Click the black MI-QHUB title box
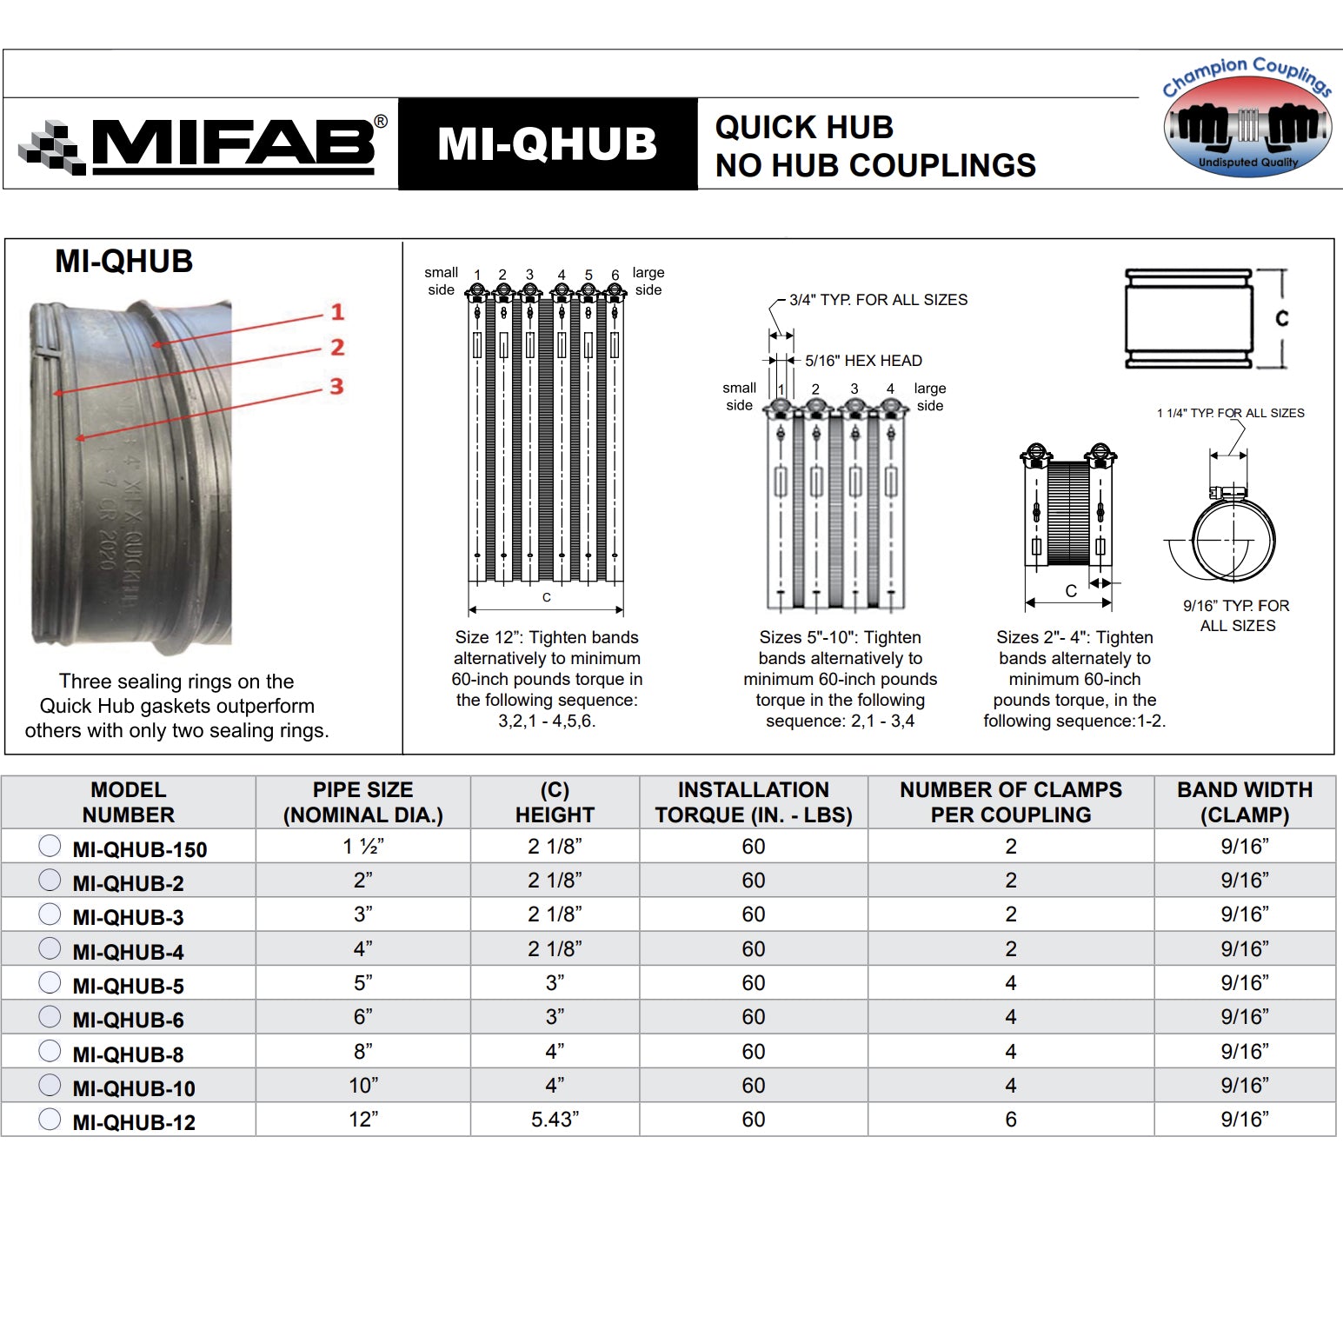click(x=548, y=143)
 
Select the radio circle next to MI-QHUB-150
click(x=50, y=846)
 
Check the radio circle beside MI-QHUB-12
click(x=50, y=1119)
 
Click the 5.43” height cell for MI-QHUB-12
click(x=555, y=1120)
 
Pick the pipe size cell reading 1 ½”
click(x=362, y=847)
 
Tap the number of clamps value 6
click(x=1010, y=1120)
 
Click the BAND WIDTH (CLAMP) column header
click(x=1244, y=802)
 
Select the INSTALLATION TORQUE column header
click(x=753, y=802)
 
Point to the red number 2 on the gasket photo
click(x=337, y=348)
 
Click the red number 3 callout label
click(x=336, y=387)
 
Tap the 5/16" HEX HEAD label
click(x=862, y=361)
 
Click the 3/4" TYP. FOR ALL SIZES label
click(x=878, y=300)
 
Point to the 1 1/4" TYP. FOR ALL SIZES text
click(x=1230, y=413)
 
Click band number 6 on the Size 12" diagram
click(x=615, y=276)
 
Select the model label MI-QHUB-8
click(x=128, y=1054)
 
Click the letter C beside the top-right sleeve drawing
click(x=1281, y=319)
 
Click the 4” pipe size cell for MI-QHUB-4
click(x=362, y=949)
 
